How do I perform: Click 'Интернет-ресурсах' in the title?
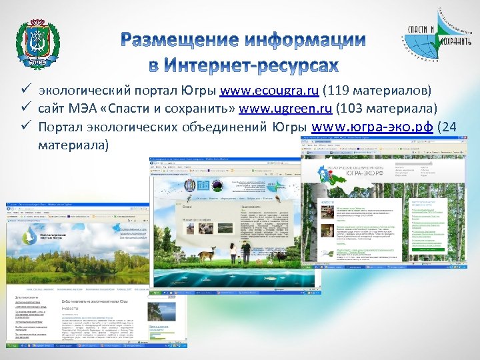243,65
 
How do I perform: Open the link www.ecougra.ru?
269,90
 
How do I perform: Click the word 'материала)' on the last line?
72,145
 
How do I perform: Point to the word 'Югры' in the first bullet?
202,90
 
